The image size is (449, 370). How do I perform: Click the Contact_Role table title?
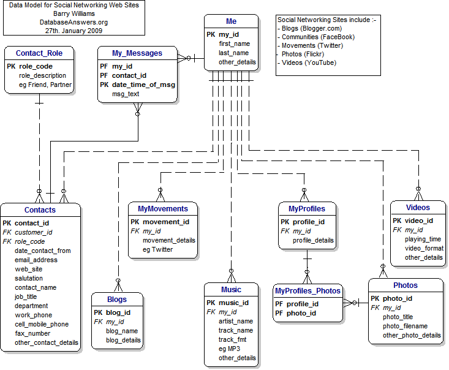39,53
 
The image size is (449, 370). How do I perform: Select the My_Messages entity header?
137,53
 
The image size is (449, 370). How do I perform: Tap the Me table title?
231,21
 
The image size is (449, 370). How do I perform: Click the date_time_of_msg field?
143,85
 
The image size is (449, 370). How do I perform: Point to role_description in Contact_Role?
42,75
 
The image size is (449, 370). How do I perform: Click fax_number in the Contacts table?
32,333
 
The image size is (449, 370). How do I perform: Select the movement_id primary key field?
166,222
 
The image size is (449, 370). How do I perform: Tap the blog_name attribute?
122,330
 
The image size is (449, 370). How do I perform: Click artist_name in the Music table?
236,321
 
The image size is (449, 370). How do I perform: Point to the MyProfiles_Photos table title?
308,291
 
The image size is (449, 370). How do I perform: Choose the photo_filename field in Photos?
406,326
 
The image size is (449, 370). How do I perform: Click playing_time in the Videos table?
423,239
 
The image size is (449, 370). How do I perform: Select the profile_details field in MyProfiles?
313,240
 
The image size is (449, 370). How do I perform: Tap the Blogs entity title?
116,300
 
